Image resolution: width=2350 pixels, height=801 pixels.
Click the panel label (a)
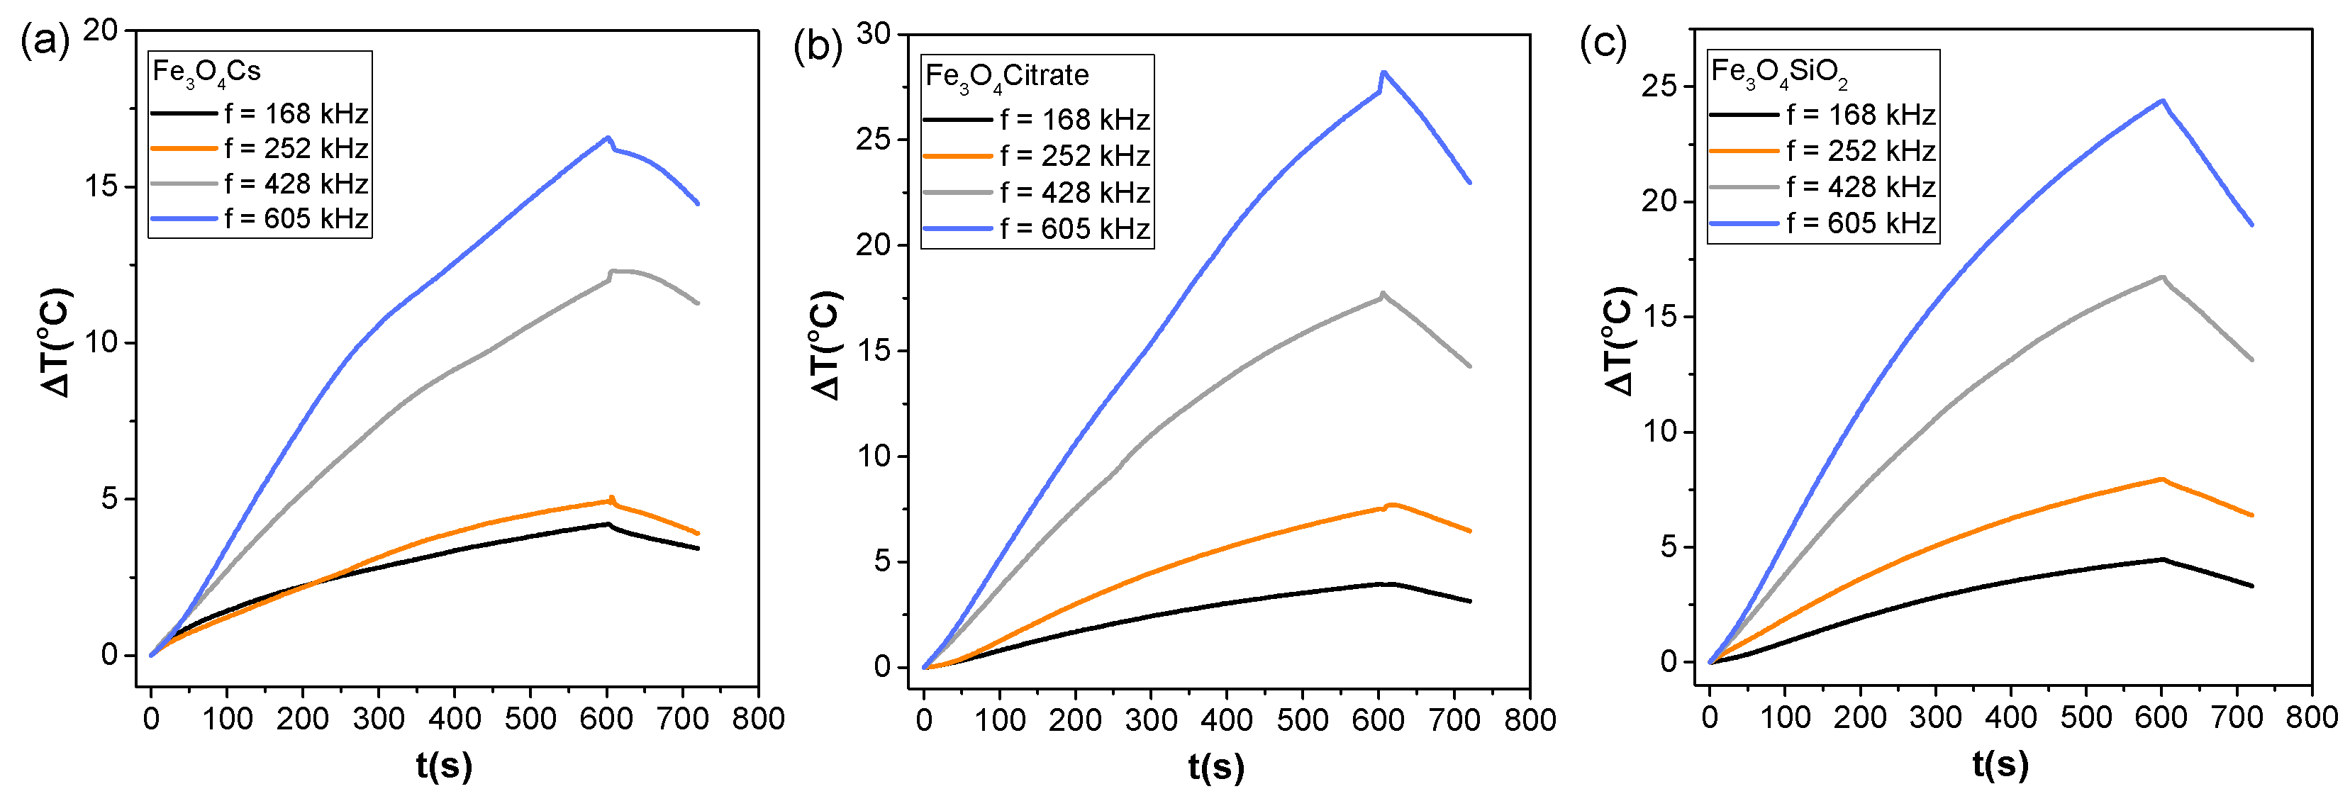click(x=44, y=42)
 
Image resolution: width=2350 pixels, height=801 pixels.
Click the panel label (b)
click(x=818, y=45)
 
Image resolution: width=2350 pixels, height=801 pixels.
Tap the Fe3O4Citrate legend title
click(x=1006, y=77)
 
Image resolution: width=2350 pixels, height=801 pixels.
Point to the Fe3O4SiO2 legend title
click(x=1779, y=73)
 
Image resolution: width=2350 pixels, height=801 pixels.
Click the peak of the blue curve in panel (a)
click(x=608, y=138)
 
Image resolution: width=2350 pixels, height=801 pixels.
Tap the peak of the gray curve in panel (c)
click(x=2162, y=276)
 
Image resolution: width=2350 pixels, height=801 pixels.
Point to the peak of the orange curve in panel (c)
click(x=2161, y=479)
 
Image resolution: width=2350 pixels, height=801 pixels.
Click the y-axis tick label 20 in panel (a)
click(x=101, y=30)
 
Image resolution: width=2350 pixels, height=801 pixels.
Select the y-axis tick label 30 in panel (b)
click(x=873, y=35)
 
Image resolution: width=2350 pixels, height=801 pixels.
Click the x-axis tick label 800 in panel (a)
click(x=758, y=719)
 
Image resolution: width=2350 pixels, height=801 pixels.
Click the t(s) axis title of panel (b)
click(x=1216, y=766)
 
